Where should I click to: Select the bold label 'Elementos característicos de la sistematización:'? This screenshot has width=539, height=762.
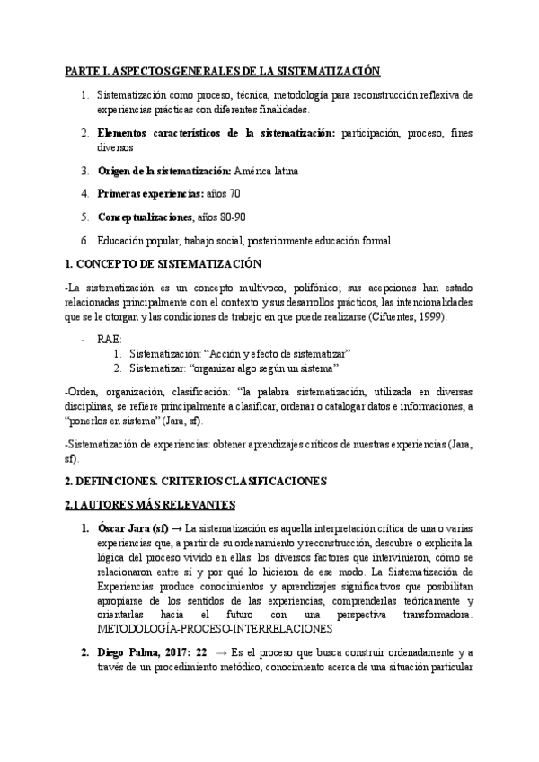pos(215,134)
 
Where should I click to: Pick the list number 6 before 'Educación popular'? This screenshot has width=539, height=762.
pos(84,240)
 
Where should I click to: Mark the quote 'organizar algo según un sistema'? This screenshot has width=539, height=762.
pos(268,369)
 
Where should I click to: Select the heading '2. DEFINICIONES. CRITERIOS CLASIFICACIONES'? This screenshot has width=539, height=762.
pos(196,481)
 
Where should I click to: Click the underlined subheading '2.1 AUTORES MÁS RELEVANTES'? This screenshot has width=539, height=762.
pos(151,504)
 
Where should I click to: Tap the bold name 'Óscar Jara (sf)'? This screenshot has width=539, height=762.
pos(132,528)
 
